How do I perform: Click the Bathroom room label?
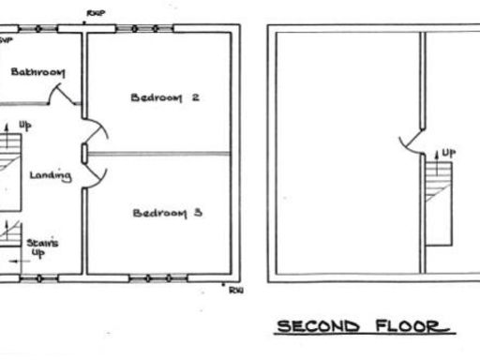point(37,72)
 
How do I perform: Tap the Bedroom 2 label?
point(167,97)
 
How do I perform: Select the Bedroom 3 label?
point(168,213)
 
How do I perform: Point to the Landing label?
point(47,175)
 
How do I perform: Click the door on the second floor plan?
point(412,141)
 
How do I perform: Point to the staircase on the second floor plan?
point(438,202)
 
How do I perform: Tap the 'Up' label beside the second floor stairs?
point(449,152)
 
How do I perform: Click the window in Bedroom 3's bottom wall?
point(158,278)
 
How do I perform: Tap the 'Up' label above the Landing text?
point(24,125)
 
